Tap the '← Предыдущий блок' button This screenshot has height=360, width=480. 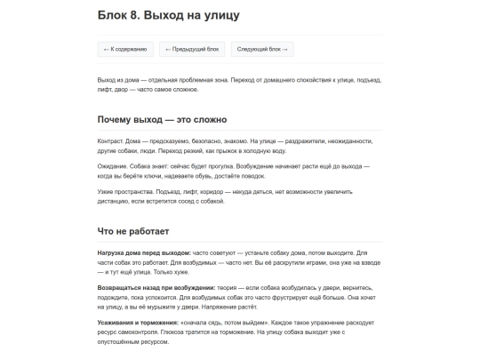(x=192, y=50)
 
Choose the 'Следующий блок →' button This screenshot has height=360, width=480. (x=263, y=50)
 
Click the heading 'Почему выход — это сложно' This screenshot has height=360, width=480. (x=162, y=119)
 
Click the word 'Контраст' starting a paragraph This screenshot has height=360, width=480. (x=111, y=140)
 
